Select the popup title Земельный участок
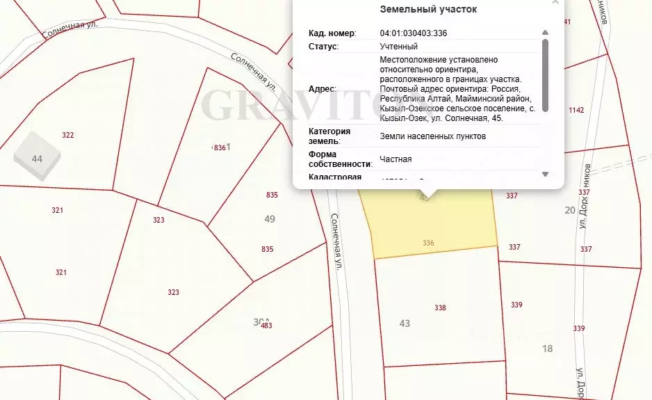[428, 9]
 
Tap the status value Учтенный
[398, 47]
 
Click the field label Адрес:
[322, 89]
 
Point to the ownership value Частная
[396, 159]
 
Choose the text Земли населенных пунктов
[432, 136]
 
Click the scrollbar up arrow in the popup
[545, 32]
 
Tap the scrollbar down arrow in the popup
[545, 174]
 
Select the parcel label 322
[67, 135]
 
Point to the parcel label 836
[219, 147]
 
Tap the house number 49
[270, 219]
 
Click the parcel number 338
[439, 307]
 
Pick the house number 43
[405, 323]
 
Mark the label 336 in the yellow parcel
[428, 243]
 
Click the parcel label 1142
[576, 111]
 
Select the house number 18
[547, 349]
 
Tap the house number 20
[570, 210]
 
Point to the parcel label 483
[266, 326]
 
